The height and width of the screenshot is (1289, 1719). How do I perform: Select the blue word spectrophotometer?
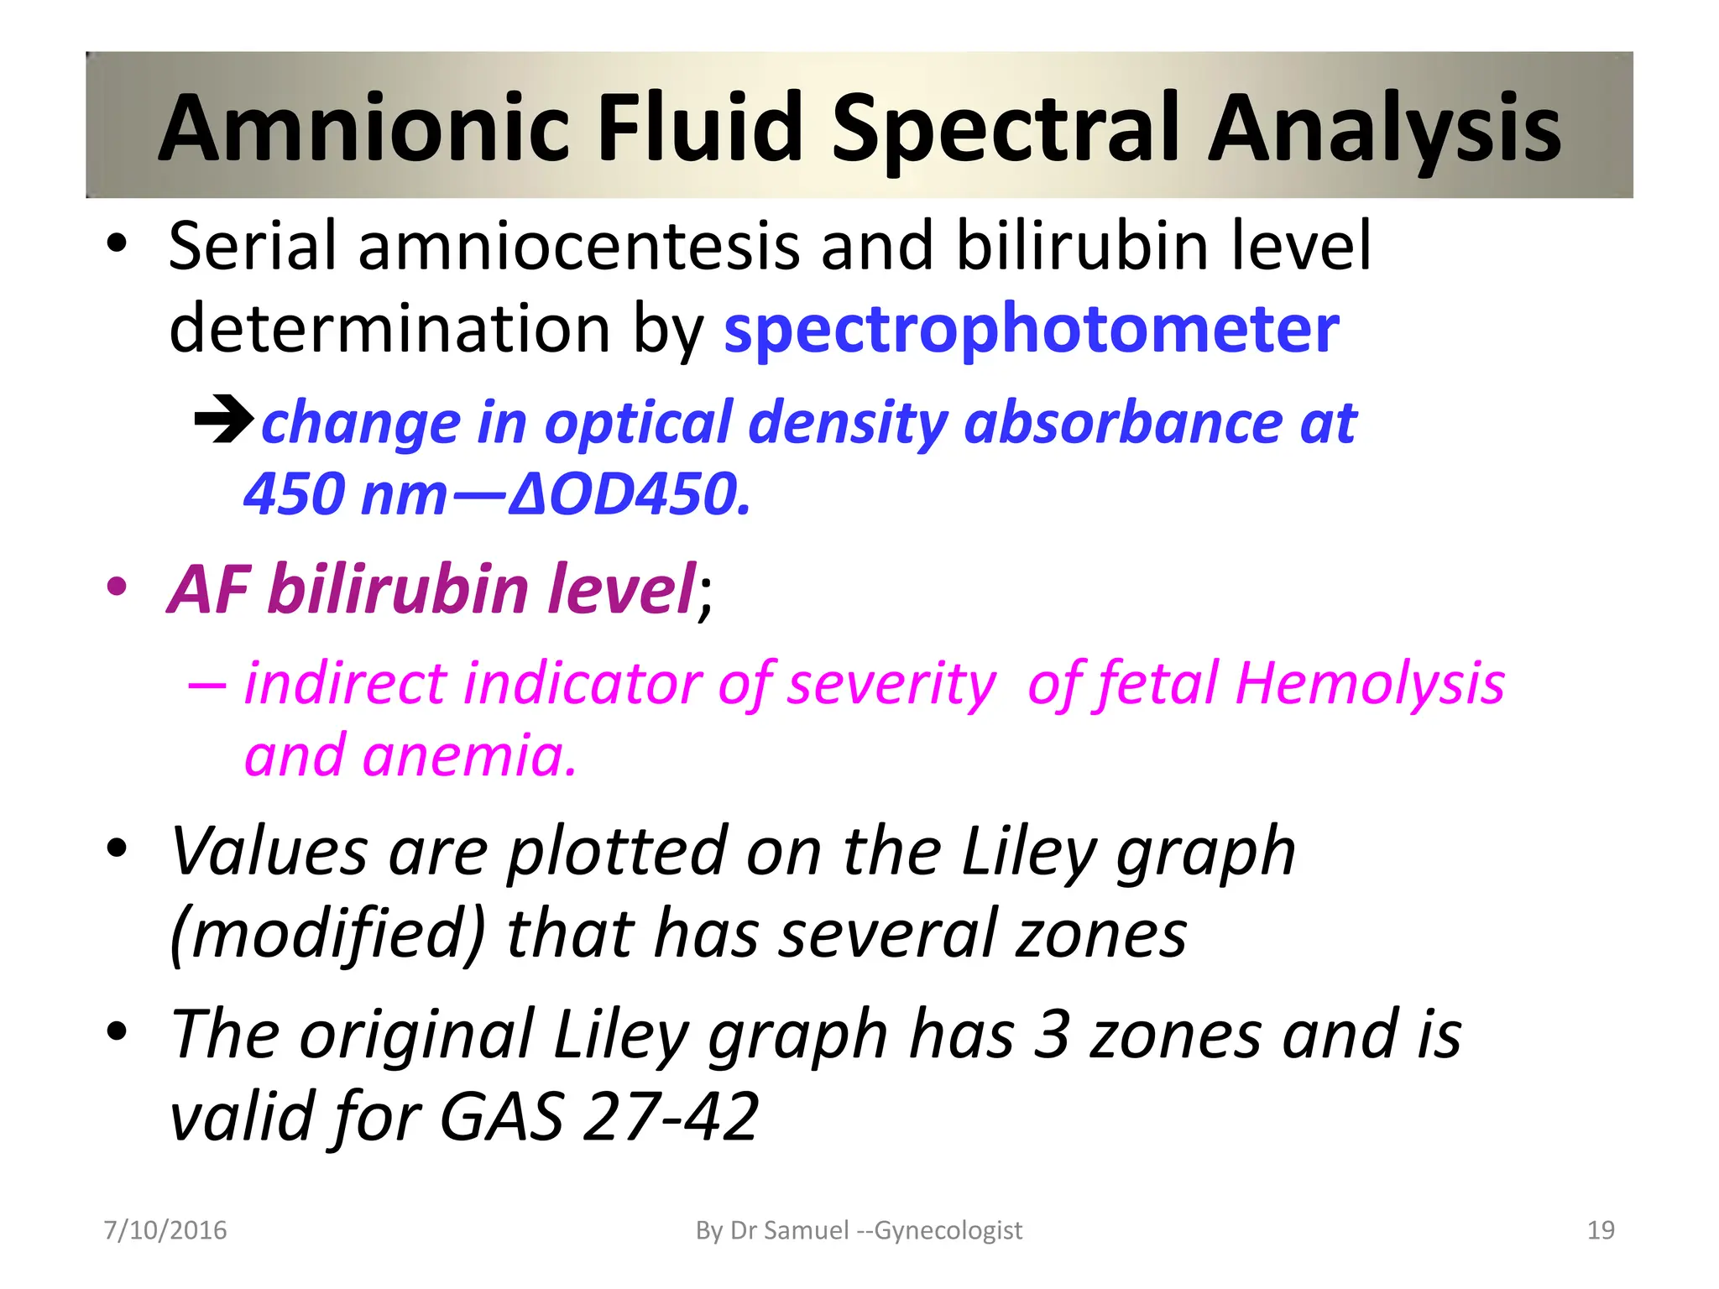(x=1031, y=330)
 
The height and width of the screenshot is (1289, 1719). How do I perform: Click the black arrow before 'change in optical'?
(x=223, y=419)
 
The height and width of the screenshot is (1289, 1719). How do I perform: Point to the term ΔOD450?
(x=629, y=493)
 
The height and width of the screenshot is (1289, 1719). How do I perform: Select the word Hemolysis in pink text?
(x=1370, y=683)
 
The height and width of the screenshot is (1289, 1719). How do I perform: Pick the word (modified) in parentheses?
(x=327, y=934)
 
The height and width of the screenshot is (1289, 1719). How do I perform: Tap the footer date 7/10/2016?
(x=165, y=1230)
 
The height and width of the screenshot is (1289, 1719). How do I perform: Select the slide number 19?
(x=1601, y=1230)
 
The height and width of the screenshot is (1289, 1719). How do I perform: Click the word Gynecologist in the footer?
(x=948, y=1230)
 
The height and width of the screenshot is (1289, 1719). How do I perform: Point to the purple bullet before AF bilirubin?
(x=117, y=587)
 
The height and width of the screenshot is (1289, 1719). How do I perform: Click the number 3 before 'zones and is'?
(x=1051, y=1034)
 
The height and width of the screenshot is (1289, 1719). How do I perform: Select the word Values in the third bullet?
(x=269, y=852)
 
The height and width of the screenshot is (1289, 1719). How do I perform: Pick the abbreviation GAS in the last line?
(x=501, y=1116)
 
